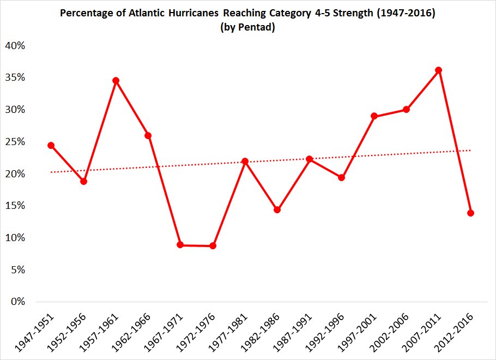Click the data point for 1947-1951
click(x=51, y=146)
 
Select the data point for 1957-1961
click(x=116, y=81)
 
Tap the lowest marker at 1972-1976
click(x=213, y=246)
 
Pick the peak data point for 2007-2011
click(x=438, y=70)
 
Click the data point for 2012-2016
click(x=470, y=213)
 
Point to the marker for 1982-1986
click(x=277, y=210)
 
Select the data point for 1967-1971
click(x=180, y=245)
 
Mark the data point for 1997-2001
click(x=374, y=116)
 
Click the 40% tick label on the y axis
click(x=15, y=46)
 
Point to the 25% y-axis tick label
click(x=15, y=142)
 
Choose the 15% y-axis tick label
click(x=15, y=206)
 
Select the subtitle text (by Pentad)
click(x=247, y=28)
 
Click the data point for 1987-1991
click(x=310, y=159)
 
